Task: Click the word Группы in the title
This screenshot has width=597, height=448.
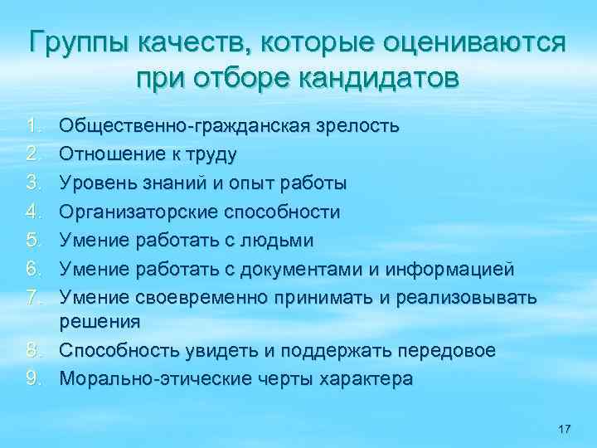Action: coord(75,42)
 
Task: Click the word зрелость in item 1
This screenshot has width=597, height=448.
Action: coord(357,126)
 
